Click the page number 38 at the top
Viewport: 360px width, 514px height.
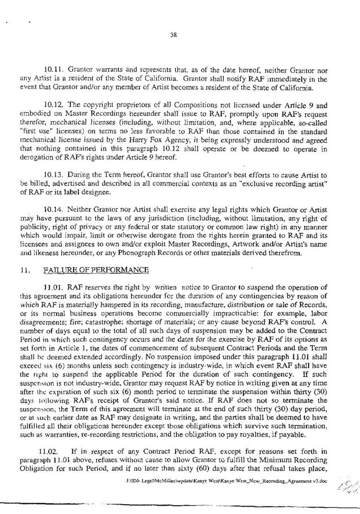[x=170, y=36]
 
